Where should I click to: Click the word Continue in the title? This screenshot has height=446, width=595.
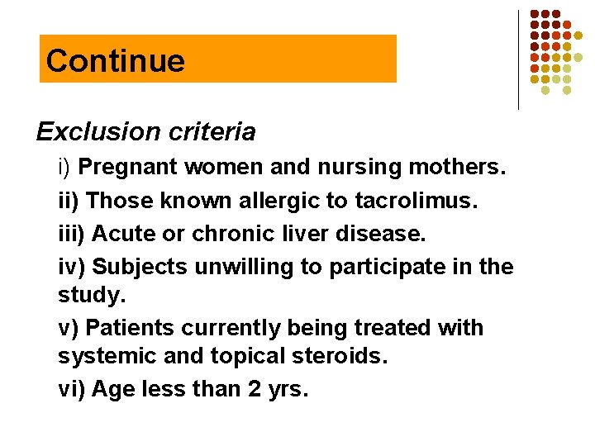point(116,60)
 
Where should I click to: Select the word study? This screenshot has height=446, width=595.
point(85,295)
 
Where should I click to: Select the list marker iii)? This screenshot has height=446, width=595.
point(72,234)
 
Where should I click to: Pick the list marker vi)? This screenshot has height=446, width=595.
point(71,389)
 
